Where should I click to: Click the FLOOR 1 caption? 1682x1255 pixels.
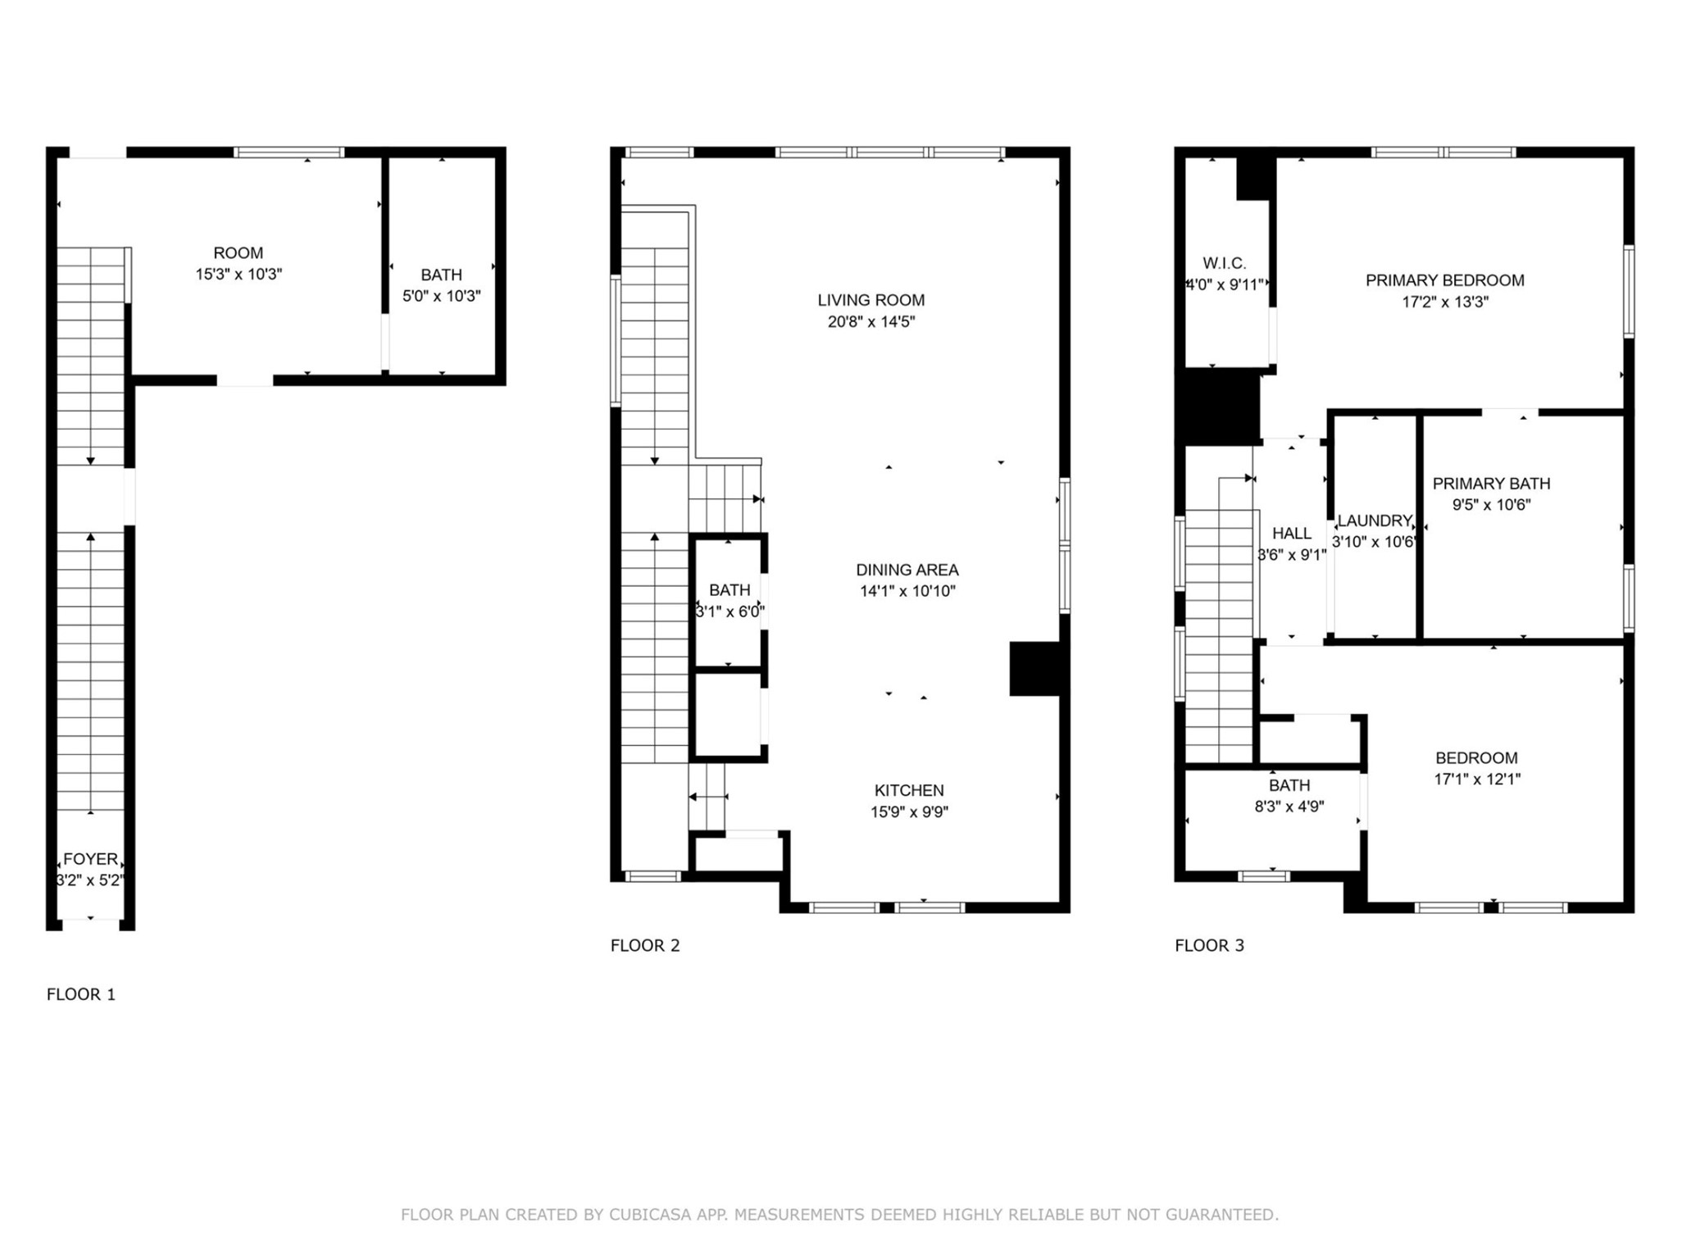tap(80, 994)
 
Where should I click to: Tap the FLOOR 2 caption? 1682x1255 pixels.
tap(644, 945)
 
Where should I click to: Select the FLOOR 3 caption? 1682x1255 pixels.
tap(1208, 945)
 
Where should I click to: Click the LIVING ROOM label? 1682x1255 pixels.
tap(871, 300)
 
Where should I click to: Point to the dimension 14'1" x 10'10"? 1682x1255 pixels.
tap(907, 591)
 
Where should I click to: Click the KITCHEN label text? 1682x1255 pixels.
tap(908, 790)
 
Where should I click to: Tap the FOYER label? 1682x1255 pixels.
tap(90, 859)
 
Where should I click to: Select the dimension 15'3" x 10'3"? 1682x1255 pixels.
tap(238, 275)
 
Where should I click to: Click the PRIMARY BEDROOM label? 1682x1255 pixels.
tap(1444, 280)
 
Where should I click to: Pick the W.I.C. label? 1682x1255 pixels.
tap(1224, 263)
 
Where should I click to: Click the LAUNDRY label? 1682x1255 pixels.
tap(1374, 521)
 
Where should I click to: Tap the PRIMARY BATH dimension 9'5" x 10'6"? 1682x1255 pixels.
tap(1491, 505)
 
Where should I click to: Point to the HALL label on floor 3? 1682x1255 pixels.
tap(1291, 534)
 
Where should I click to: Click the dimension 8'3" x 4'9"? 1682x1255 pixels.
tap(1289, 807)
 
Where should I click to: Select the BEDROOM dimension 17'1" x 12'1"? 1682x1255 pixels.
tap(1476, 780)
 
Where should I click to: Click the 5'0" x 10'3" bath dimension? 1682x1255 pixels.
tap(441, 296)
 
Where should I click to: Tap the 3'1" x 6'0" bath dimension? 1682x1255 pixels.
tap(729, 612)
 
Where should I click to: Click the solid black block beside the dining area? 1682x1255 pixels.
tap(1035, 669)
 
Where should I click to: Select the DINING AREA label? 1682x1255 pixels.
tap(907, 570)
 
